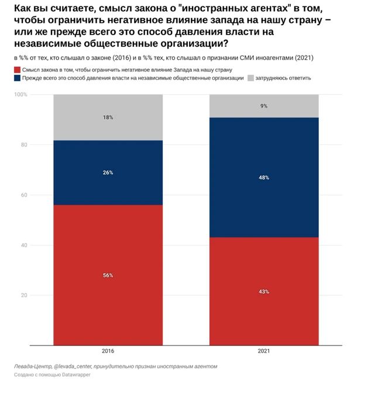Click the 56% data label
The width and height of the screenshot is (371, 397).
click(x=108, y=275)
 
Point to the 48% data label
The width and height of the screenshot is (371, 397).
click(x=264, y=177)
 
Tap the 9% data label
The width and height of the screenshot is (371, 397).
click(x=264, y=106)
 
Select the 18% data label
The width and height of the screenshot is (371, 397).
click(x=108, y=118)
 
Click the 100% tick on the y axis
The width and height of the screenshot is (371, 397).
click(x=20, y=95)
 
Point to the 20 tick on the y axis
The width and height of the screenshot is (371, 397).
click(x=24, y=295)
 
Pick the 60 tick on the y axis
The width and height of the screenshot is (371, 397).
click(x=24, y=195)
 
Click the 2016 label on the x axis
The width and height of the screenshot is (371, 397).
click(x=108, y=352)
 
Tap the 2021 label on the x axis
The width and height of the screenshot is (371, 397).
click(x=264, y=352)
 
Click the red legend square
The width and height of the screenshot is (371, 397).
click(x=17, y=69)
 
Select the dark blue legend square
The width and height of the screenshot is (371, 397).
click(x=17, y=78)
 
